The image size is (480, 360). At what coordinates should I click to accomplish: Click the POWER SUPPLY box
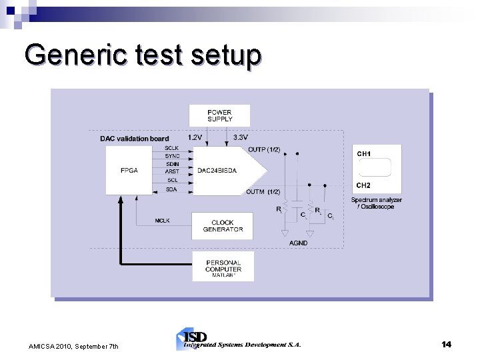(219, 115)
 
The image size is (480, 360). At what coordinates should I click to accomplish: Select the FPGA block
(129, 170)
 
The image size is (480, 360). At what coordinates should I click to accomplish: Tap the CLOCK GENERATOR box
(222, 226)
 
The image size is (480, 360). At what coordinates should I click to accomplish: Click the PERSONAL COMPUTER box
(223, 266)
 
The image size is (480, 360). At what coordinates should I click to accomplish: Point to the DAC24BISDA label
(217, 170)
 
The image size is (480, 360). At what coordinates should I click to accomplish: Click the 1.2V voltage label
(196, 137)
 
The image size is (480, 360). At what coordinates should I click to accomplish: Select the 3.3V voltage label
(241, 137)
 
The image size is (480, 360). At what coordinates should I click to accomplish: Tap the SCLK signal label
(172, 148)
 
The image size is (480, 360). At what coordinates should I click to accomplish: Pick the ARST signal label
(172, 171)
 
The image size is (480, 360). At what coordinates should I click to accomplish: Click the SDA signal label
(172, 189)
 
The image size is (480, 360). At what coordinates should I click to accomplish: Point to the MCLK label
(162, 220)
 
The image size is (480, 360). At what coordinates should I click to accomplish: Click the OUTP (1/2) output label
(264, 149)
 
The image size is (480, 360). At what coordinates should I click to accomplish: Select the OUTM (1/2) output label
(263, 192)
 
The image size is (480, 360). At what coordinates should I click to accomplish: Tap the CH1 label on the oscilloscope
(364, 154)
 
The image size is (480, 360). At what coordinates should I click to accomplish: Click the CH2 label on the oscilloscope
(363, 185)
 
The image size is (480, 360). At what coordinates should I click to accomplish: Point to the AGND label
(299, 243)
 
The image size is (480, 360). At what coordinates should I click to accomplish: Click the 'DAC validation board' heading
(134, 139)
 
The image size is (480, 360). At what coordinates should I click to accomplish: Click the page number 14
(446, 344)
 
